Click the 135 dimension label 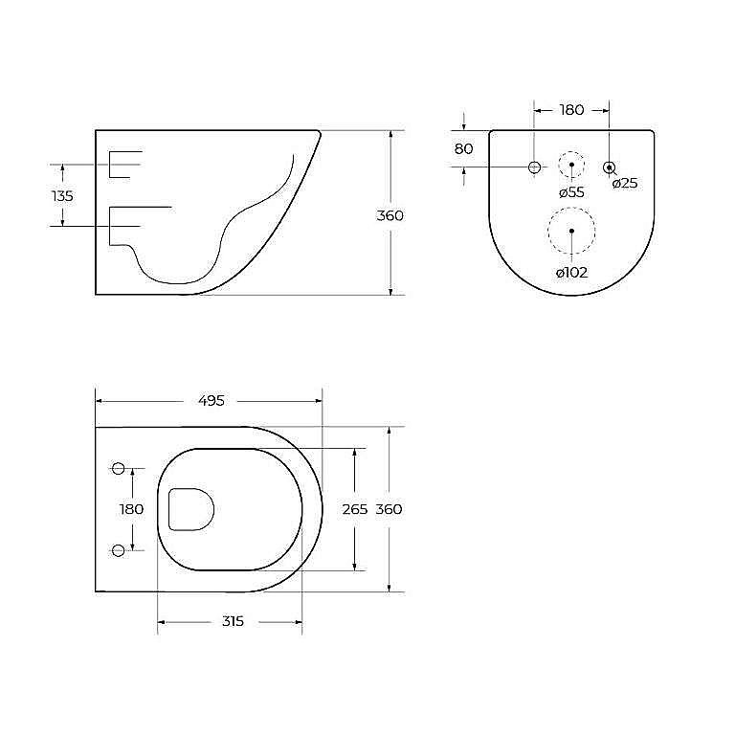62,195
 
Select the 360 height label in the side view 390,215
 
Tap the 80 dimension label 463,148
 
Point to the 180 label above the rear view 572,110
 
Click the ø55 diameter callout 572,192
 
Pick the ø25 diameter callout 625,183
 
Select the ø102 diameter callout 572,273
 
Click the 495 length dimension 212,400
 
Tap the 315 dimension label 233,621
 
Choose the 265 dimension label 355,509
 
